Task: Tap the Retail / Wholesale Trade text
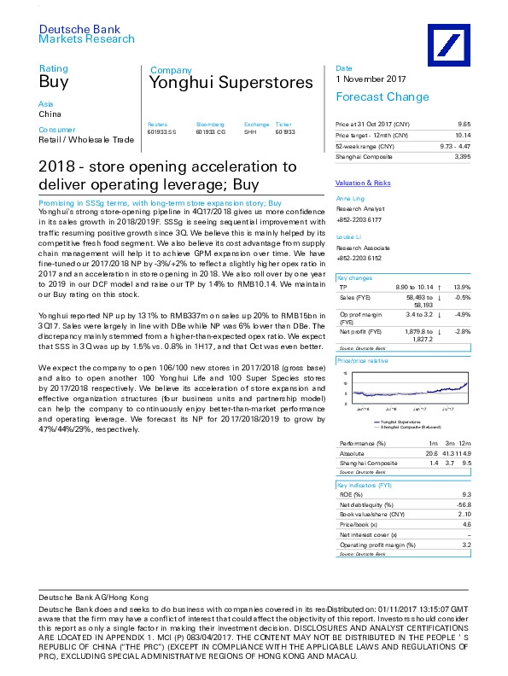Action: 86,139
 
